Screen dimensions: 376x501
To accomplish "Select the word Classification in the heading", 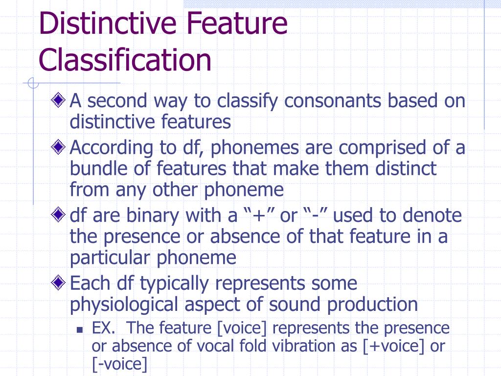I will tap(125, 60).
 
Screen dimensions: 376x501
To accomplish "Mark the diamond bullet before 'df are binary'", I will tap(59, 214).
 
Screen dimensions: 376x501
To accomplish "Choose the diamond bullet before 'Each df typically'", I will tap(59, 282).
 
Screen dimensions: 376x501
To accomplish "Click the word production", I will tap(372, 304).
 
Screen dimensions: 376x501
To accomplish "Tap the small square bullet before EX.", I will tap(80, 329).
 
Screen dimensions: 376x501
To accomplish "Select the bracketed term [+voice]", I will tap(394, 346).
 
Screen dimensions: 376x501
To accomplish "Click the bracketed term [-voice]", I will tap(119, 364).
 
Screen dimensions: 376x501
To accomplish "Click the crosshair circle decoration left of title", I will tap(33, 84).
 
